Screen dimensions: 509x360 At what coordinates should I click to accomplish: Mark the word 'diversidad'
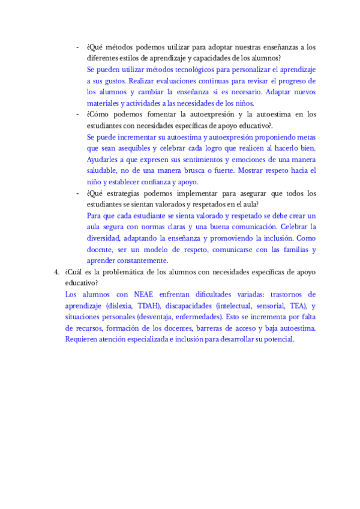(107, 238)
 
